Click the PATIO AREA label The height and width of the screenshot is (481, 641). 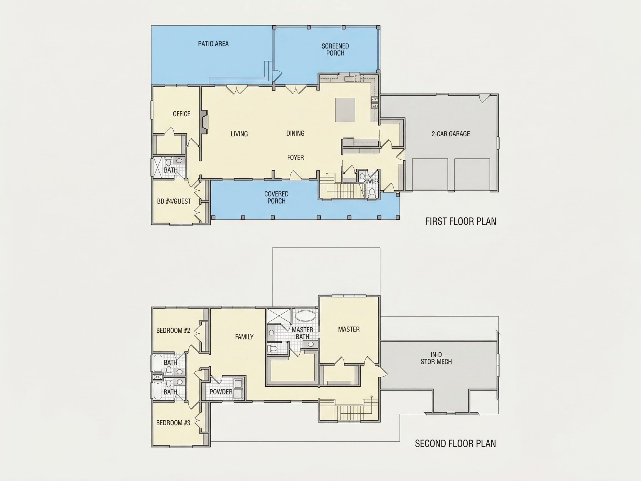tap(213, 44)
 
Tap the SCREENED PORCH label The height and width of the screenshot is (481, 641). tap(335, 50)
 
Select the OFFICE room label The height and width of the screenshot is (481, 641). tap(181, 114)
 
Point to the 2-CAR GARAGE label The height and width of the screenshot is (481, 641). tap(451, 134)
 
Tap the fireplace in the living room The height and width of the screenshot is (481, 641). tap(204, 122)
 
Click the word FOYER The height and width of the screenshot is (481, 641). tap(295, 158)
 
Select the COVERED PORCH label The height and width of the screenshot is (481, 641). tap(276, 197)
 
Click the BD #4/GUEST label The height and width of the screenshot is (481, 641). tap(174, 201)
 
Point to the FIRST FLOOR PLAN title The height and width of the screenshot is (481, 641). tap(461, 221)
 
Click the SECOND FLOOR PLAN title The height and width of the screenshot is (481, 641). tap(455, 443)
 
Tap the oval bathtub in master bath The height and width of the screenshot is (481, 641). tap(306, 316)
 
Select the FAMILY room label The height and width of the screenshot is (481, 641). tap(244, 337)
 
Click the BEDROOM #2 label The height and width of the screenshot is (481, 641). tap(173, 330)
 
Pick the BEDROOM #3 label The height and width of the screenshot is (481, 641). tap(173, 423)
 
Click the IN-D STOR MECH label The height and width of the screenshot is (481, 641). tap(436, 358)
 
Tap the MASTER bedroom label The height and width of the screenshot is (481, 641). tap(349, 329)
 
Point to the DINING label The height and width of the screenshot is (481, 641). tap(295, 133)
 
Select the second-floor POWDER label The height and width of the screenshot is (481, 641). tap(221, 392)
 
